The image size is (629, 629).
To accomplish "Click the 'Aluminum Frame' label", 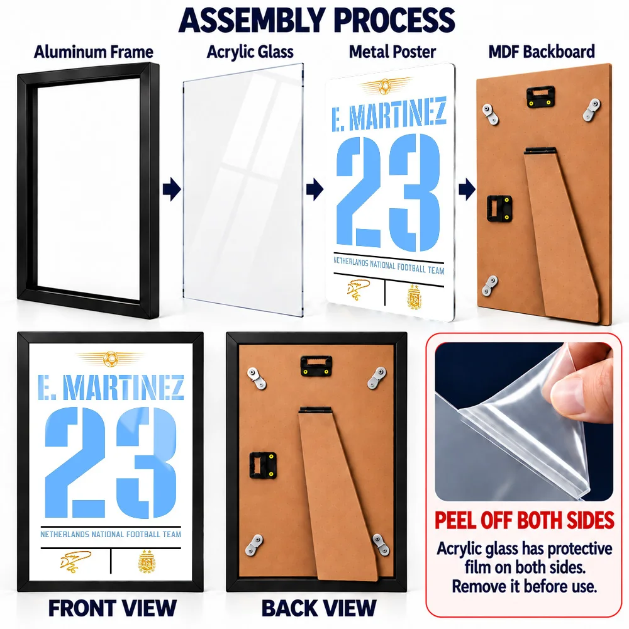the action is pos(94,52).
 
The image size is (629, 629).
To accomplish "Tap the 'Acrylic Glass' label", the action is pos(250,52).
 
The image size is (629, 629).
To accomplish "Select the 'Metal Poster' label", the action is pos(392,52).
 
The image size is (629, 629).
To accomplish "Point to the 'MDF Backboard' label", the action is pos(542,52).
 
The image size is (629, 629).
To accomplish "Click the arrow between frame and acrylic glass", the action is pos(172,189).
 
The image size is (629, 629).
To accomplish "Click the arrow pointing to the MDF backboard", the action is pos(467,189).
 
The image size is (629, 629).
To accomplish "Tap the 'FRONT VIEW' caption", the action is pos(113,608).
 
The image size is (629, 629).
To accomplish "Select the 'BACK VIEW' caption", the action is pos(319,608).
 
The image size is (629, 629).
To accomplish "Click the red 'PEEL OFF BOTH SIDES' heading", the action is pos(525,520).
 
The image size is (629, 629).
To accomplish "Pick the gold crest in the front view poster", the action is pos(147,560).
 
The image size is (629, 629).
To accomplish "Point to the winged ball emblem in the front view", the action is pos(110,359).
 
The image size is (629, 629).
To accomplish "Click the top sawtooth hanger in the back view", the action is pos(316,366).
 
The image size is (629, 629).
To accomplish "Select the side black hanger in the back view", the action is pos(263,465).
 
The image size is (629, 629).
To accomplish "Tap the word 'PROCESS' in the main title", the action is pos(394,20).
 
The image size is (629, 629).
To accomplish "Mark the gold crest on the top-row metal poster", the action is pos(415,297).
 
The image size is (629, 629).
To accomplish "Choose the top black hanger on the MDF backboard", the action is pos(540,97).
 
